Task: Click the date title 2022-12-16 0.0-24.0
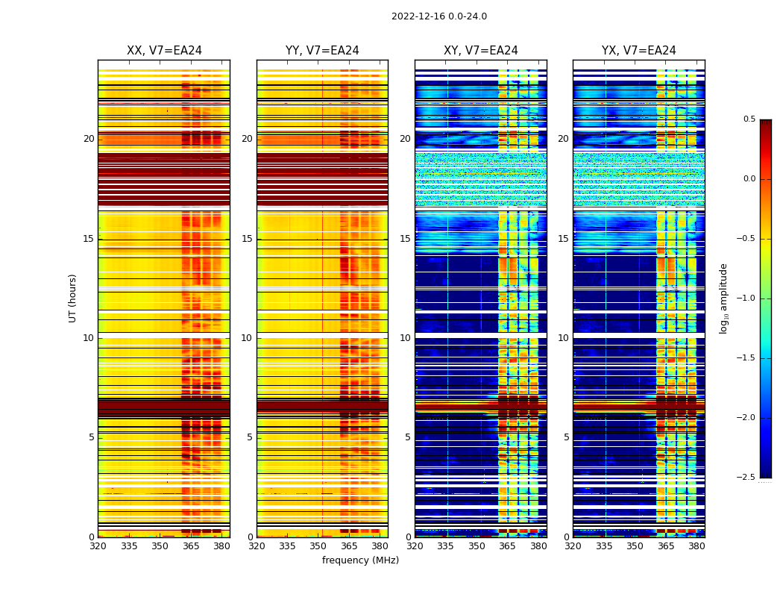click(x=438, y=16)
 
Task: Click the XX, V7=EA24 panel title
click(x=164, y=51)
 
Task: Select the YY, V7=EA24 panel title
click(x=322, y=51)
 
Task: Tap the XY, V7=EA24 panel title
click(x=480, y=51)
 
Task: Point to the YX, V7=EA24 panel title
click(x=638, y=51)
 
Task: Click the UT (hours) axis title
click(x=73, y=298)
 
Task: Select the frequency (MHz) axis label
click(x=360, y=560)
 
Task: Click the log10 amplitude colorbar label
click(x=723, y=298)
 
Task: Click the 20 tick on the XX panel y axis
click(x=89, y=139)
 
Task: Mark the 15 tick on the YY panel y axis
click(x=247, y=239)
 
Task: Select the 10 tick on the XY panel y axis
click(x=405, y=338)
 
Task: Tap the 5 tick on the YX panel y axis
click(x=566, y=437)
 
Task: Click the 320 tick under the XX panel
click(x=98, y=546)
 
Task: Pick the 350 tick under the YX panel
click(x=635, y=546)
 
